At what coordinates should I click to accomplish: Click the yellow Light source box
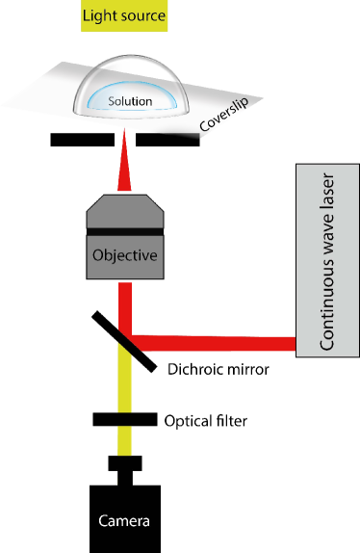tap(124, 16)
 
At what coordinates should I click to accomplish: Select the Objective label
tap(123, 257)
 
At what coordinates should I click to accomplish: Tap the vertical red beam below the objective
tap(123, 306)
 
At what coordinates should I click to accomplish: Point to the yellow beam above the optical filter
tap(123, 385)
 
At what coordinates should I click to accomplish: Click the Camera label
tap(124, 521)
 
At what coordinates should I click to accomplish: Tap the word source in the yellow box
tap(142, 16)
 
